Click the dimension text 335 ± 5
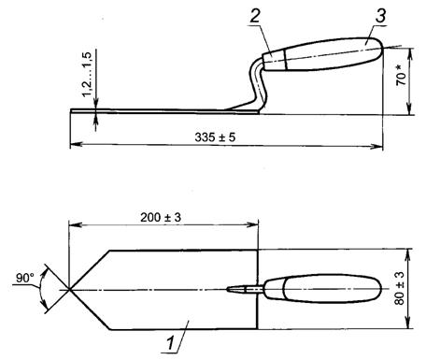(215, 137)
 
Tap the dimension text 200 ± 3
(161, 217)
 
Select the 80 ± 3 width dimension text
(399, 288)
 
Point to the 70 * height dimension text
(401, 75)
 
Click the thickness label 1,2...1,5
(88, 74)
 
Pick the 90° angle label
(25, 278)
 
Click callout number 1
(170, 343)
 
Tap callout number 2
(255, 16)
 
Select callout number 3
(380, 15)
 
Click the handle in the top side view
(322, 54)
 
